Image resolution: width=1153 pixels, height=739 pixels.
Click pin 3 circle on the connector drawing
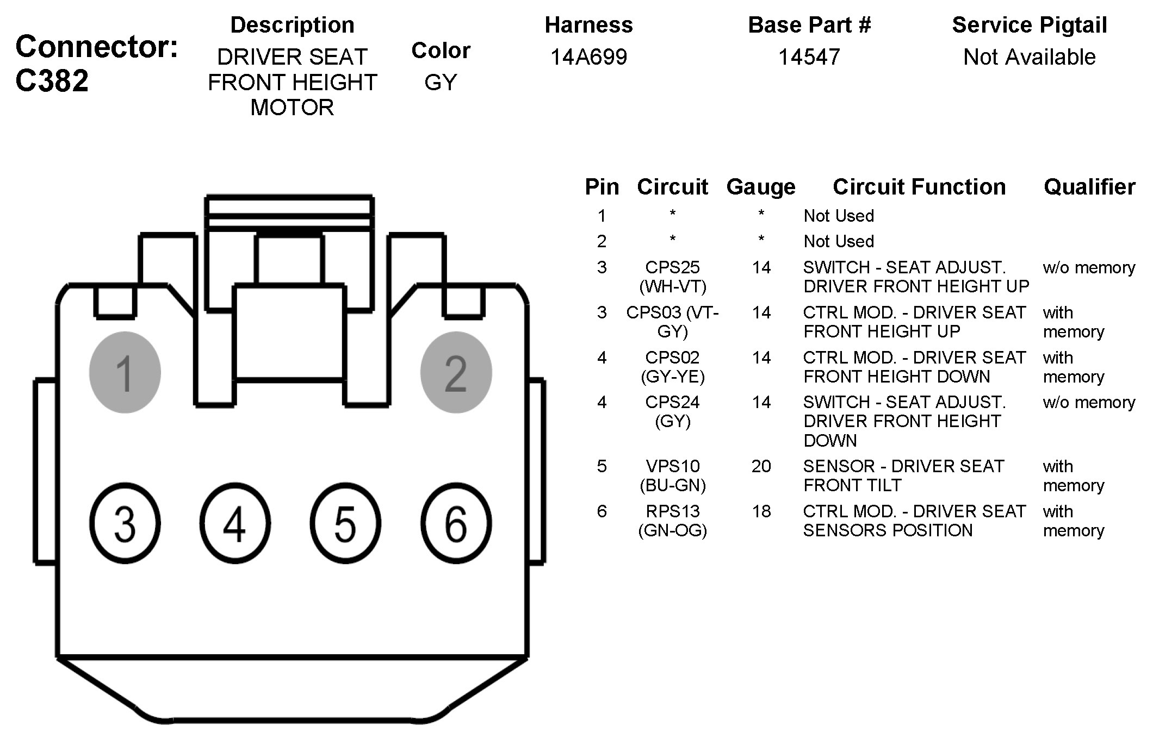[x=125, y=524]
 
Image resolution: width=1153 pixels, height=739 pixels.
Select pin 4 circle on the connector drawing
[x=235, y=524]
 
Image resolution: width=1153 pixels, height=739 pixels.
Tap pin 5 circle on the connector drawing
[x=345, y=524]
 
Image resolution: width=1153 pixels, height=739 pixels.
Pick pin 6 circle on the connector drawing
[x=456, y=524]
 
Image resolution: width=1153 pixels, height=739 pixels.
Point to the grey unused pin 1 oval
[x=125, y=373]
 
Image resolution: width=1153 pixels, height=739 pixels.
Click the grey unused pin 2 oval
[x=456, y=373]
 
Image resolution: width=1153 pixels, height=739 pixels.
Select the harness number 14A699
[x=588, y=57]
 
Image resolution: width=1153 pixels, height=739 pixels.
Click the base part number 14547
[x=809, y=57]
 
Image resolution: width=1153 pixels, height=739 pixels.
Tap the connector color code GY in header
[x=441, y=83]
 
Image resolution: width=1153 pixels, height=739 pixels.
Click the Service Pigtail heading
[x=1029, y=25]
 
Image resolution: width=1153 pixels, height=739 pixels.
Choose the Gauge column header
[x=761, y=187]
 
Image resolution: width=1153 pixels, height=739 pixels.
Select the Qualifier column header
[x=1089, y=187]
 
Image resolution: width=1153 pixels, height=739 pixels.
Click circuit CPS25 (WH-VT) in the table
[x=672, y=277]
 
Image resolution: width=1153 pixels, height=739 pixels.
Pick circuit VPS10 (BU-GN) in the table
[x=672, y=475]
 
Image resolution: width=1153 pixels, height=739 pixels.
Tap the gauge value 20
[x=761, y=466]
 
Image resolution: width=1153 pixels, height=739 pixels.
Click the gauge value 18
[x=761, y=511]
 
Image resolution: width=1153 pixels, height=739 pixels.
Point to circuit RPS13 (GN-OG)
[x=672, y=521]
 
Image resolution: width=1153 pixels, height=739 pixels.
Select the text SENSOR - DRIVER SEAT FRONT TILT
[x=903, y=475]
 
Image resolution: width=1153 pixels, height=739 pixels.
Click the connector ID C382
[x=52, y=81]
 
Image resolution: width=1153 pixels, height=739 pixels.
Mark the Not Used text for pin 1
[x=839, y=216]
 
